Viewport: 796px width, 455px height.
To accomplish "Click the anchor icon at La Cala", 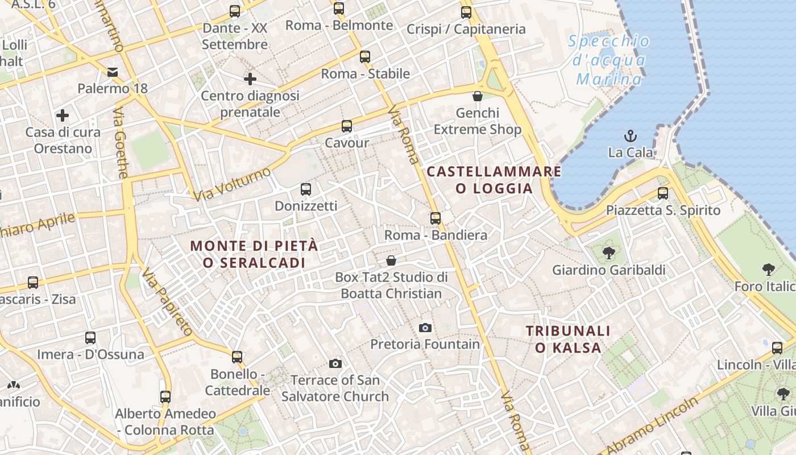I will click(630, 136).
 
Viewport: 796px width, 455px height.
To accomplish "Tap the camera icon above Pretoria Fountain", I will click(425, 328).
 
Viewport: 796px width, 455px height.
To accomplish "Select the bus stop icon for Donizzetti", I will click(306, 189).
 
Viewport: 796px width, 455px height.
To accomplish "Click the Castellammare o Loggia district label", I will click(494, 180).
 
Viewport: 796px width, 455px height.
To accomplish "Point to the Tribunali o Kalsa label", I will click(567, 339).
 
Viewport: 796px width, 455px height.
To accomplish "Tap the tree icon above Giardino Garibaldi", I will click(608, 253).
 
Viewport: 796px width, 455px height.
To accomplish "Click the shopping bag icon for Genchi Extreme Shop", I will click(478, 96).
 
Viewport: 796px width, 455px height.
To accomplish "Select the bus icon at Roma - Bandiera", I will click(436, 218).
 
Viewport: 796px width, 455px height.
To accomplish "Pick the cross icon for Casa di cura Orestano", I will click(63, 115).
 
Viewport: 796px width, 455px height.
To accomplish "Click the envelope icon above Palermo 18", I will click(113, 72).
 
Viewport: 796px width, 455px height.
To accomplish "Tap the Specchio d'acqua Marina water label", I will click(609, 60).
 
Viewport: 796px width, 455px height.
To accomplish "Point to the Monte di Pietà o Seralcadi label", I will click(254, 254).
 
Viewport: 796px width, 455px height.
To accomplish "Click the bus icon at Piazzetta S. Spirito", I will click(663, 193).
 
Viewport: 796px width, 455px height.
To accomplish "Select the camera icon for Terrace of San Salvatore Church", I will click(335, 363).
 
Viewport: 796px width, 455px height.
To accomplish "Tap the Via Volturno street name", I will click(232, 184).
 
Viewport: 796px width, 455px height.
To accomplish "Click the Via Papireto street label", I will click(168, 301).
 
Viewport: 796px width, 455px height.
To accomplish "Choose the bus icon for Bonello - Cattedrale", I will click(237, 357).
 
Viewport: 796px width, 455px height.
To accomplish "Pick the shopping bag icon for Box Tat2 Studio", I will click(391, 260).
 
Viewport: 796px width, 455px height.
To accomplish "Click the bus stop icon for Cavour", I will click(347, 126).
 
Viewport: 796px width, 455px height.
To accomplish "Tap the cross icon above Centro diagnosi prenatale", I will click(250, 79).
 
